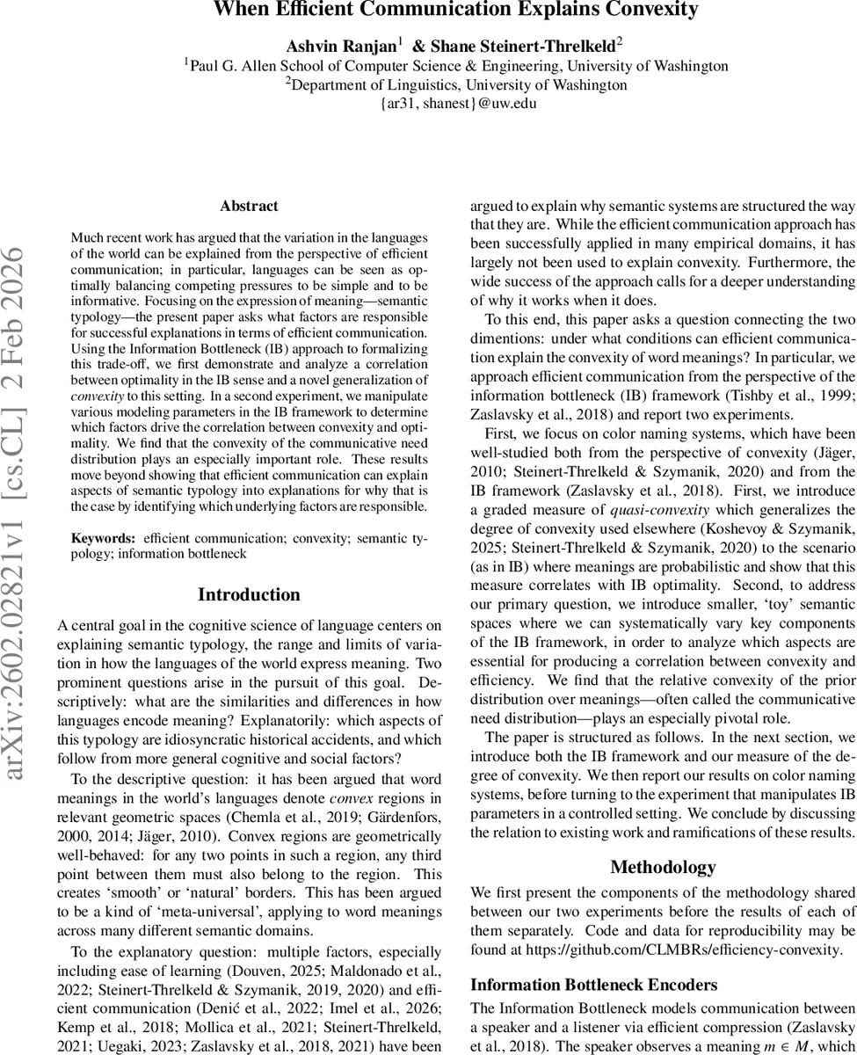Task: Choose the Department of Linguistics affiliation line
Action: (456, 84)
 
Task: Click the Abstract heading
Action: (249, 207)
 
